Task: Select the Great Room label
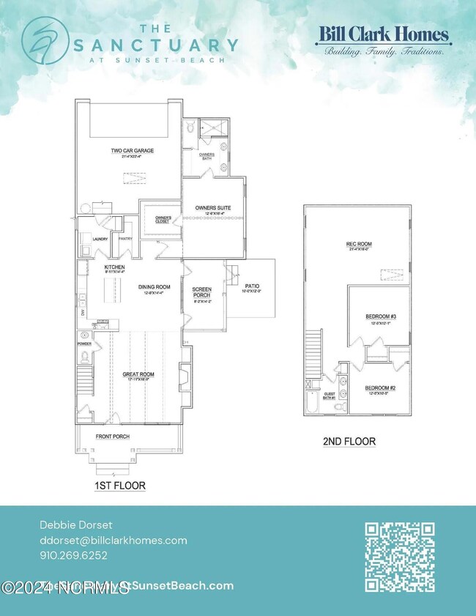point(136,375)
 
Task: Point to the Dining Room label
point(155,287)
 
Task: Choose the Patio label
point(251,286)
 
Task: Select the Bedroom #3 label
point(380,316)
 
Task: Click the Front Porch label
point(113,437)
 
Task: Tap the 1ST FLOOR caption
point(120,485)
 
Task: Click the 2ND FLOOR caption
point(349,442)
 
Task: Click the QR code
point(399,557)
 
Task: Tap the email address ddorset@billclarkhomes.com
point(113,541)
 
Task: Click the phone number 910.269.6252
point(73,555)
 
